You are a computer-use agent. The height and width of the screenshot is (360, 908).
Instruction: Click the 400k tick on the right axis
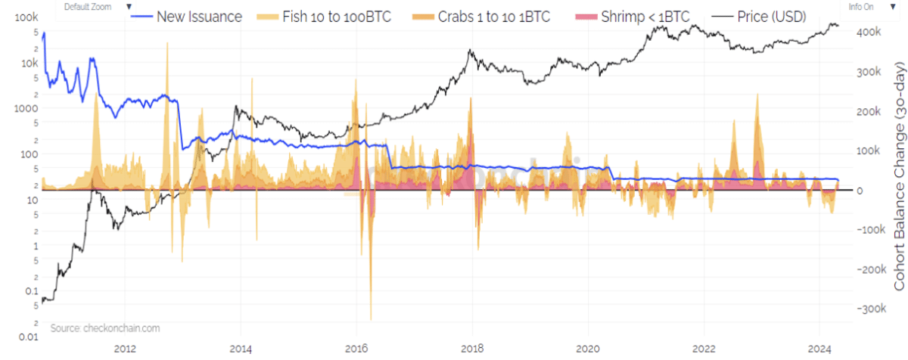click(866, 32)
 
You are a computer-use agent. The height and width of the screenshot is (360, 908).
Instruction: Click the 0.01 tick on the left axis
click(27, 337)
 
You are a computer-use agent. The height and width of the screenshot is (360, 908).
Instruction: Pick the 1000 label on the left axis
click(26, 108)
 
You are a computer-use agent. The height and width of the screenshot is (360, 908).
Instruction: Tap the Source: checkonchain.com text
click(105, 328)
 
